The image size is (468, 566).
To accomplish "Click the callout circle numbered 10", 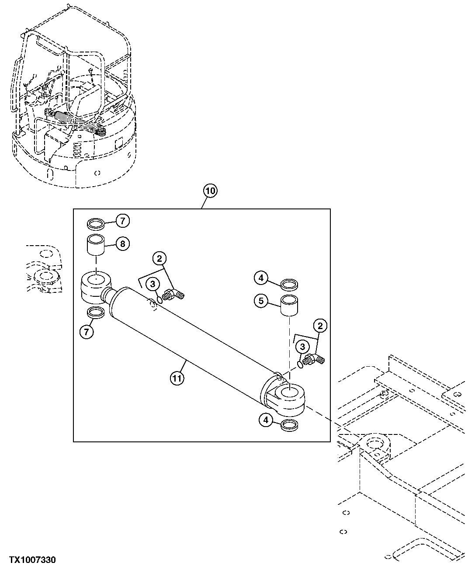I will (x=210, y=191).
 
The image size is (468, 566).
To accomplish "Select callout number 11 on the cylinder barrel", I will (x=176, y=378).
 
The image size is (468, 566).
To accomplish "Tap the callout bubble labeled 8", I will (x=122, y=243).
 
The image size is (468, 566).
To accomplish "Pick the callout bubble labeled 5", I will (x=261, y=301).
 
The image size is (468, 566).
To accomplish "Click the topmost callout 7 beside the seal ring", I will (x=122, y=222).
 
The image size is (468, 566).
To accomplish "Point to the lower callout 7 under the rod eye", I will (x=86, y=332).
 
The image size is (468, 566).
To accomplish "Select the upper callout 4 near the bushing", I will (x=261, y=278).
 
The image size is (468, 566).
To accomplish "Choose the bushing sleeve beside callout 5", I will (x=289, y=304).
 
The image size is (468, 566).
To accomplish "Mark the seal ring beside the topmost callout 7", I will (x=96, y=224).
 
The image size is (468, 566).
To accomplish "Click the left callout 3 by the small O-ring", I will (x=153, y=285).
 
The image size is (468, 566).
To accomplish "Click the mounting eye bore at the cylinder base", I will (x=289, y=392).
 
